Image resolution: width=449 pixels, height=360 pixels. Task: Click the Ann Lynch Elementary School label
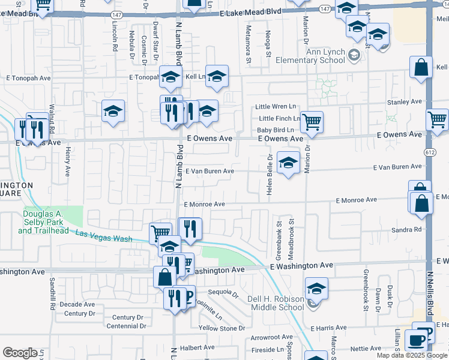310,56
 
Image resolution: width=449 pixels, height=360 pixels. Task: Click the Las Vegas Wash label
104,236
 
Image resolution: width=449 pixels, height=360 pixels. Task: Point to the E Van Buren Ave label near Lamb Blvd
209,171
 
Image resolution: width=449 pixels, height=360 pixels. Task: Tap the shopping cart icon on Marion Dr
312,122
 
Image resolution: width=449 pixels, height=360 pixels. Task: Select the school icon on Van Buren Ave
289,163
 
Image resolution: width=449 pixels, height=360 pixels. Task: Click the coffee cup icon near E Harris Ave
415,341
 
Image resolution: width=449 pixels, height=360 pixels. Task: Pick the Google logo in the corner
20,353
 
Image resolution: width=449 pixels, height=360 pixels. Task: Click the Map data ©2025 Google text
412,355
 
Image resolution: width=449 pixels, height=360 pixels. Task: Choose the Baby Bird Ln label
276,130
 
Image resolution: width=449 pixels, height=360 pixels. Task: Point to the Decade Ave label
77,304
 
